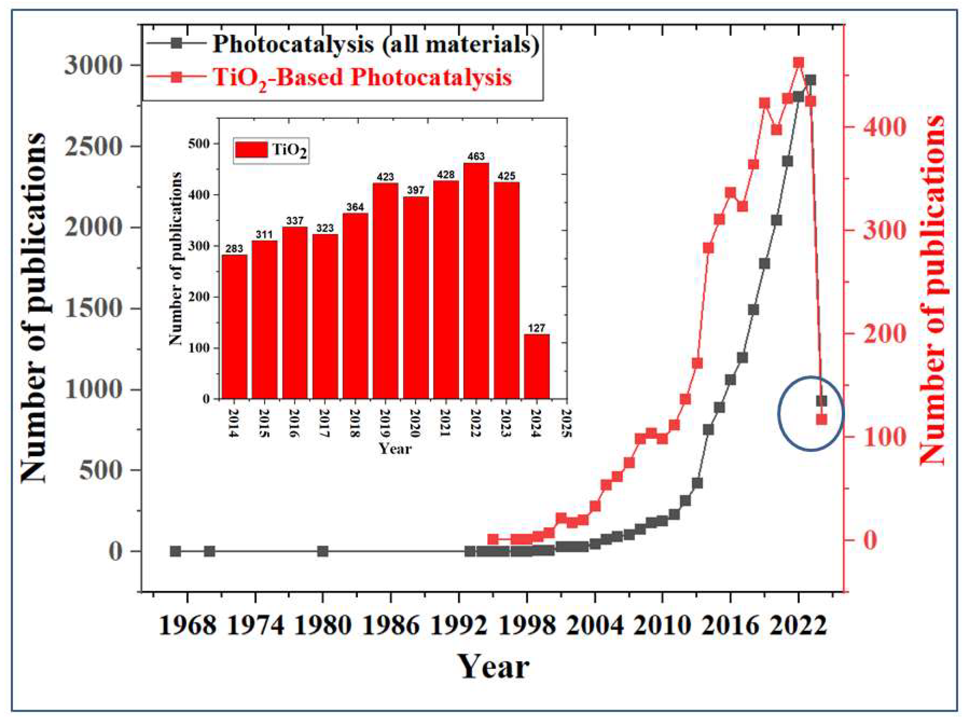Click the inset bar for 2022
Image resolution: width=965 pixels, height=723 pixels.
coord(476,281)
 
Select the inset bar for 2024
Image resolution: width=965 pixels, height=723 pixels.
coord(537,366)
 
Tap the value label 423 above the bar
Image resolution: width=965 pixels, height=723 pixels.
coord(385,177)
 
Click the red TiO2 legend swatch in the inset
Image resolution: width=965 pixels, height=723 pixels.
coord(251,150)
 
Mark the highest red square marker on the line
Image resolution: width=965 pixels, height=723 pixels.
coord(798,63)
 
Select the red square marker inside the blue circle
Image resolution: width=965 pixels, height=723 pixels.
coord(821,420)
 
